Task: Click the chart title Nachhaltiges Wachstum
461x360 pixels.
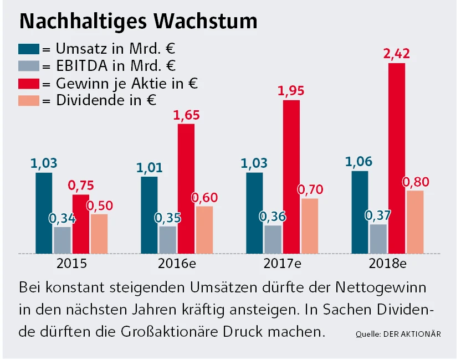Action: pyautogui.click(x=138, y=21)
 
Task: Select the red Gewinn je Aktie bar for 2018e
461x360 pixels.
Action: pyautogui.click(x=397, y=158)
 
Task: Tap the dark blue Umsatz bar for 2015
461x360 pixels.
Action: pyautogui.click(x=44, y=213)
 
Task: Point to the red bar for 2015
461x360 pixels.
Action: pyautogui.click(x=81, y=224)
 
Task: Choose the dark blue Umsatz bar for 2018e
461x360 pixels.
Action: pyautogui.click(x=360, y=212)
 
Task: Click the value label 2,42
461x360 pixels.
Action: pyautogui.click(x=396, y=54)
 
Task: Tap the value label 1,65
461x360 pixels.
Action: pyautogui.click(x=186, y=116)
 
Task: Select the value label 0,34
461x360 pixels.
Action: pyautogui.click(x=63, y=219)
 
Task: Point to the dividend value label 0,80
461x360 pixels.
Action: pyautogui.click(x=416, y=182)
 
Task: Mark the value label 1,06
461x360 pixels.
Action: pyautogui.click(x=359, y=162)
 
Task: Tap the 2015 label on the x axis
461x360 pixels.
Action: pyautogui.click(x=71, y=263)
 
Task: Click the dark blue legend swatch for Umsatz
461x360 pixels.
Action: pyautogui.click(x=29, y=48)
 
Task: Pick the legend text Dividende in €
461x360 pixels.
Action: pyautogui.click(x=106, y=100)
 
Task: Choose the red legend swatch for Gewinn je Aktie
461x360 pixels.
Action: pyautogui.click(x=29, y=83)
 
